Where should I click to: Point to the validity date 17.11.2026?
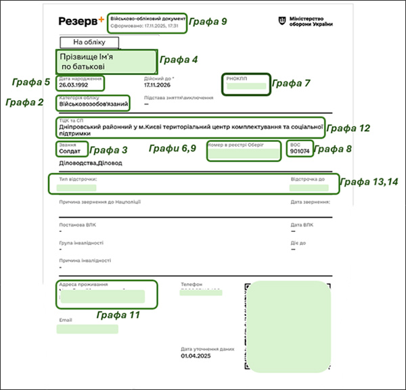click(x=158, y=86)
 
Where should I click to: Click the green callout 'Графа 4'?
click(x=179, y=59)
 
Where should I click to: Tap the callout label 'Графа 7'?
click(x=290, y=84)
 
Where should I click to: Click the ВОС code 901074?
click(x=299, y=151)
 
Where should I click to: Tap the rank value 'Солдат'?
click(x=70, y=151)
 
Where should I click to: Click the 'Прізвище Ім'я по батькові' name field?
click(x=106, y=62)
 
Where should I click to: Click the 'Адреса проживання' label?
click(x=84, y=285)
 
